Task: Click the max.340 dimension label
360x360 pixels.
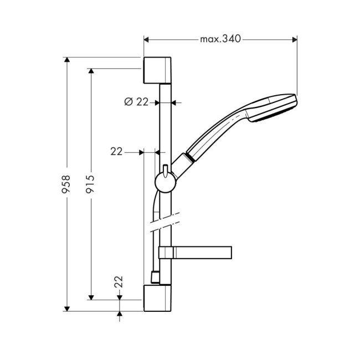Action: point(220,39)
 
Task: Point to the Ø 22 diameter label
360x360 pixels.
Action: point(137,102)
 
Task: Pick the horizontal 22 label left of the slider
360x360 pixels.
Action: point(116,151)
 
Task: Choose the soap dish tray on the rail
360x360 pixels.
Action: point(194,253)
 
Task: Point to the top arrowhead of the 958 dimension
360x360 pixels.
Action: point(66,60)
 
